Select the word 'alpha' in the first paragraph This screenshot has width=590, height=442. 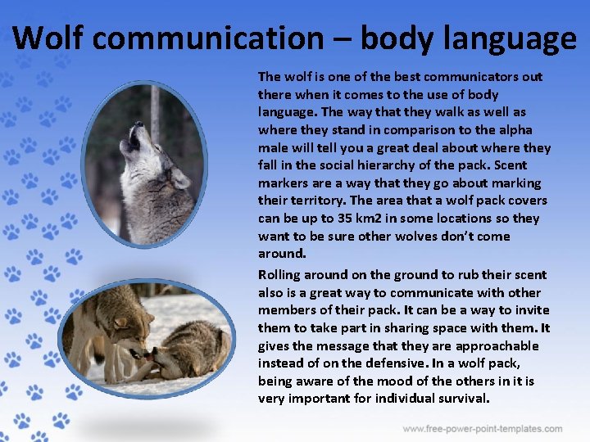click(515, 130)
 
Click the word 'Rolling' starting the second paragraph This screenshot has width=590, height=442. click(279, 275)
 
